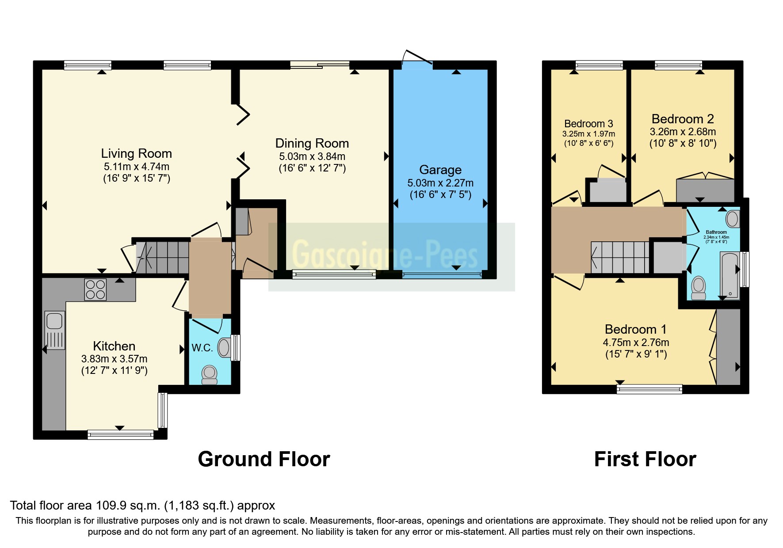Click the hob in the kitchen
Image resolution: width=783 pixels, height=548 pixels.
[x=95, y=290]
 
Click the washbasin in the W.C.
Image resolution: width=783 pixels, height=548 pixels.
[x=224, y=347]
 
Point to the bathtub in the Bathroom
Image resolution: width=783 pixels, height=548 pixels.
[x=730, y=275]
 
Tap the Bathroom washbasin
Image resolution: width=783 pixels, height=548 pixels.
[x=732, y=219]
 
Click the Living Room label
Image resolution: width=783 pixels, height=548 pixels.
[x=136, y=153]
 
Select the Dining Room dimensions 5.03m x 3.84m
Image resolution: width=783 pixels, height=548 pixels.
[x=312, y=156]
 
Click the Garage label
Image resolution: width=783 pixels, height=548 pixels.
[x=440, y=170]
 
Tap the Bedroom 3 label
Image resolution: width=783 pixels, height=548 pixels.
[x=588, y=124]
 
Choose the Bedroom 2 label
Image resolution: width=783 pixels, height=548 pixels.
[x=682, y=119]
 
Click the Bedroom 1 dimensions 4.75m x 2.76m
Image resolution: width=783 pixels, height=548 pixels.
[x=635, y=342]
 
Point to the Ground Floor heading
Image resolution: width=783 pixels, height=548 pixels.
[x=264, y=459]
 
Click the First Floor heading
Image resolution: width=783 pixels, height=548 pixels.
[x=645, y=459]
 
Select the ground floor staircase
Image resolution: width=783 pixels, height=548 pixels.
[x=162, y=257]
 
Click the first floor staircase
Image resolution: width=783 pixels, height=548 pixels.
[x=620, y=258]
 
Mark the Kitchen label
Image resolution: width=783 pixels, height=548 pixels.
[x=114, y=346]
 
